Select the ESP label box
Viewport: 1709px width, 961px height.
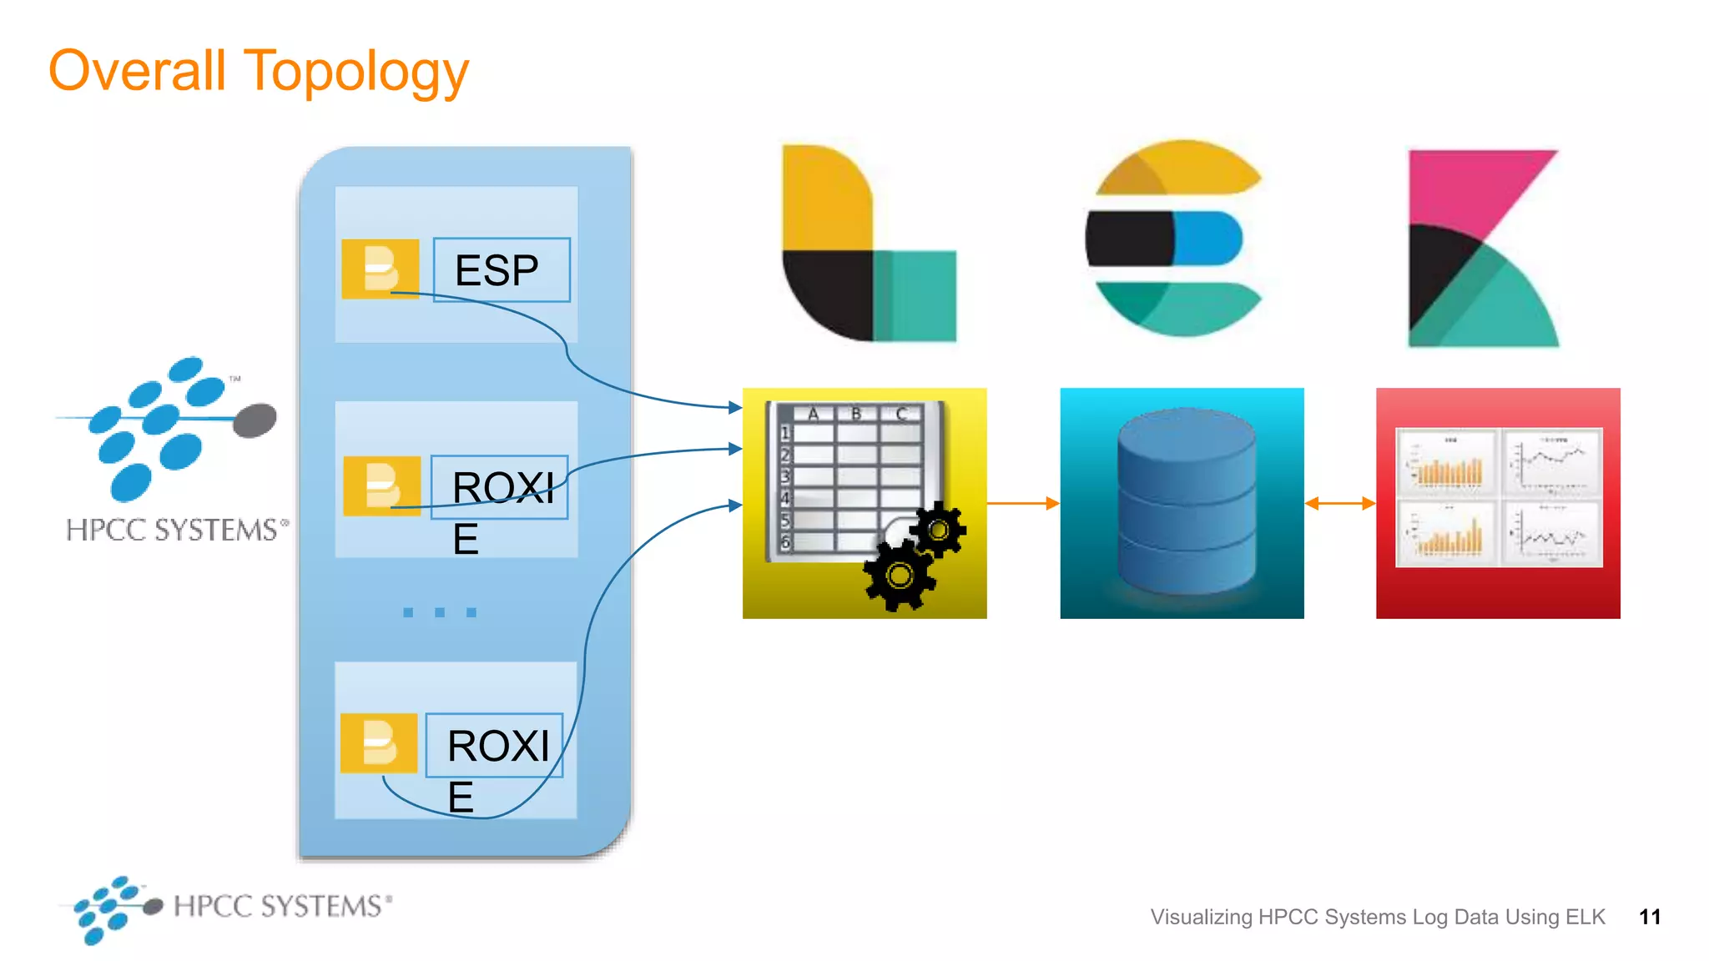tap(501, 269)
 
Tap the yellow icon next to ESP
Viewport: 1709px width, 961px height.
tap(381, 269)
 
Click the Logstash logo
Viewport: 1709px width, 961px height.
tap(868, 244)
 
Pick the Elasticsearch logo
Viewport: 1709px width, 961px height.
tap(1176, 239)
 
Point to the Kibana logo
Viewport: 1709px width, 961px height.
tap(1482, 249)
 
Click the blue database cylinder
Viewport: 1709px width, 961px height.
tap(1186, 501)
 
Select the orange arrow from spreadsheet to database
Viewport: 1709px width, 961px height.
tap(1022, 503)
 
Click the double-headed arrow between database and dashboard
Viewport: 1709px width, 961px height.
tap(1339, 503)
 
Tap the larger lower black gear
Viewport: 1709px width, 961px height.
tap(900, 576)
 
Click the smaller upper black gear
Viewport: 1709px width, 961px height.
tap(939, 530)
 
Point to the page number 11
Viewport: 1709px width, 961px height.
tap(1649, 917)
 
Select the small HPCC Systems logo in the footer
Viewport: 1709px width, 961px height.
tap(225, 908)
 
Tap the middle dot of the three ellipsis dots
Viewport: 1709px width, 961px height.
tap(440, 612)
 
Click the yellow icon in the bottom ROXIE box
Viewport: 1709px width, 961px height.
tap(379, 742)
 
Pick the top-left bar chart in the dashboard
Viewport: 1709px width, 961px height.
tap(1447, 462)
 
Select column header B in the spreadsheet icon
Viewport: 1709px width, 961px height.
tap(855, 413)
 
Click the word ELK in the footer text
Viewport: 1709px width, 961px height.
tap(1585, 917)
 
